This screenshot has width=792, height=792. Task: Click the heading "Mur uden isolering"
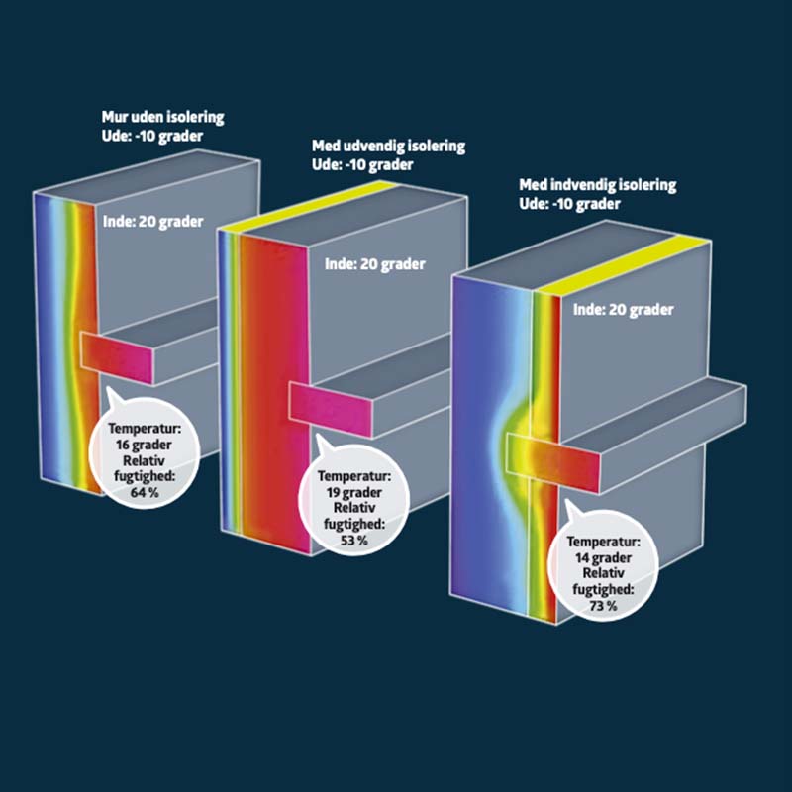click(162, 117)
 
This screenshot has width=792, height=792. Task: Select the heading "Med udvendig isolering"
click(388, 147)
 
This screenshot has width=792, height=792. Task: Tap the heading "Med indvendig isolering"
click(598, 185)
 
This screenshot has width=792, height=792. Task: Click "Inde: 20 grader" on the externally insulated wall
click(375, 264)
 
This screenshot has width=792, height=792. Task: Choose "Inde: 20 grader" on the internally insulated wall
click(624, 310)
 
